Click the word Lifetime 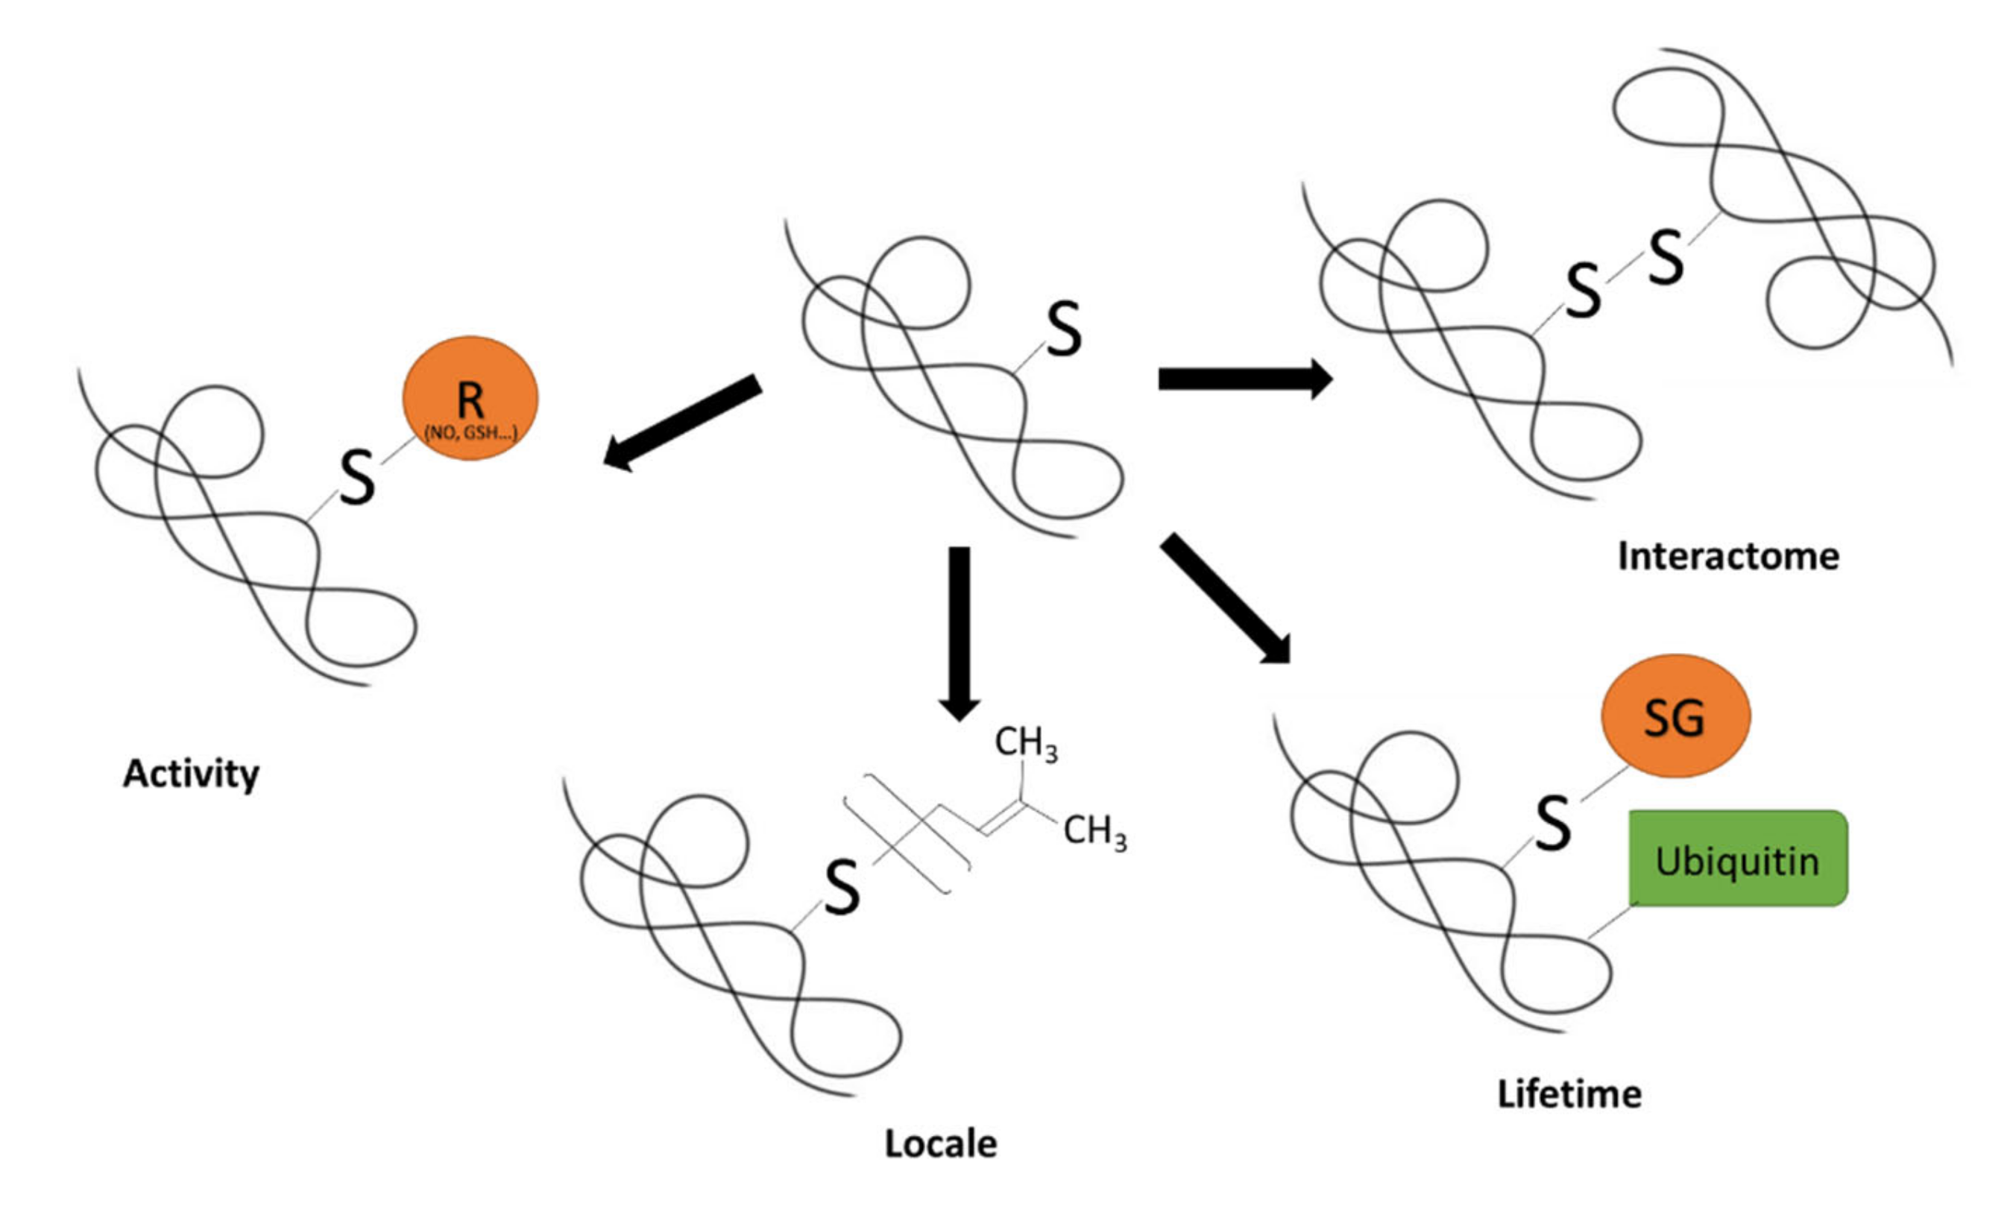(1569, 1093)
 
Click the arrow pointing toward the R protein (683, 422)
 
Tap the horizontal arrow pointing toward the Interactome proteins (1244, 379)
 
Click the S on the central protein (1064, 329)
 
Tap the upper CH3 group (1025, 744)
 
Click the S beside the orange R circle (358, 479)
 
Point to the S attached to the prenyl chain (842, 887)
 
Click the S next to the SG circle (1553, 824)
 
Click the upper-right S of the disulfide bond (1666, 257)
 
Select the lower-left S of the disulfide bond (1584, 292)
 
